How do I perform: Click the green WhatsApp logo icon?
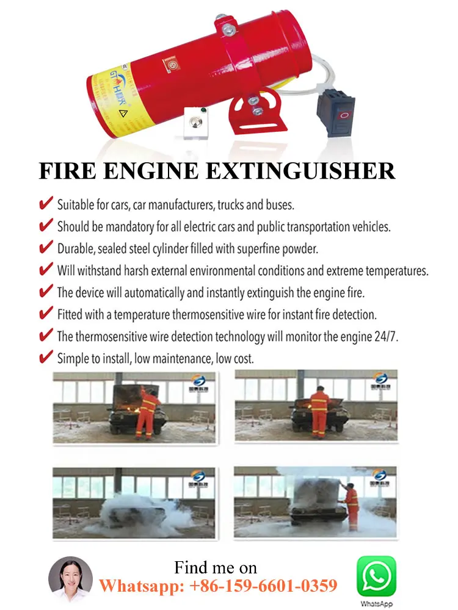[376, 576]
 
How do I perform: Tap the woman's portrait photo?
[70, 580]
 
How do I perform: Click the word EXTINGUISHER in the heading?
[301, 171]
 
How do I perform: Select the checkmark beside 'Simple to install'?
[46, 357]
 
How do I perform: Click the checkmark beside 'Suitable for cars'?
[46, 204]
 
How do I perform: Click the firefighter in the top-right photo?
[319, 414]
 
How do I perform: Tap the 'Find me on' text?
[216, 567]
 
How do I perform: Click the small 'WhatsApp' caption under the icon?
[376, 604]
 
